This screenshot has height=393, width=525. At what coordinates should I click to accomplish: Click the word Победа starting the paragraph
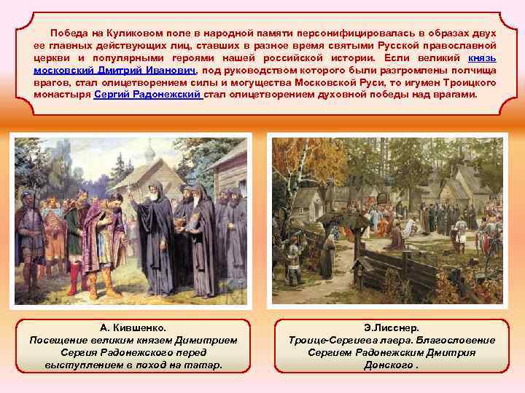coord(68,33)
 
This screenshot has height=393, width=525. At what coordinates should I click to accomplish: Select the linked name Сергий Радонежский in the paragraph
coord(148,95)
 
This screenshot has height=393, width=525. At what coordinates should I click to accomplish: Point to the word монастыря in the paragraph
coord(63,95)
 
